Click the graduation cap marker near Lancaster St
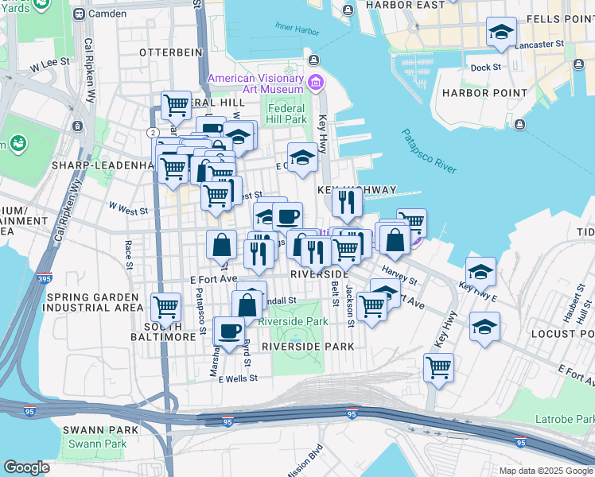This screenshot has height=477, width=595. (501, 33)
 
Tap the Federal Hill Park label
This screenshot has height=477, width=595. (287, 114)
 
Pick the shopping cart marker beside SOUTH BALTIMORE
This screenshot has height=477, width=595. (165, 306)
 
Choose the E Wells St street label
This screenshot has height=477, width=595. (238, 379)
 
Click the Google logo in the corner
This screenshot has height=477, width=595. (26, 467)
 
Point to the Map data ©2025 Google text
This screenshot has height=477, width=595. (545, 471)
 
